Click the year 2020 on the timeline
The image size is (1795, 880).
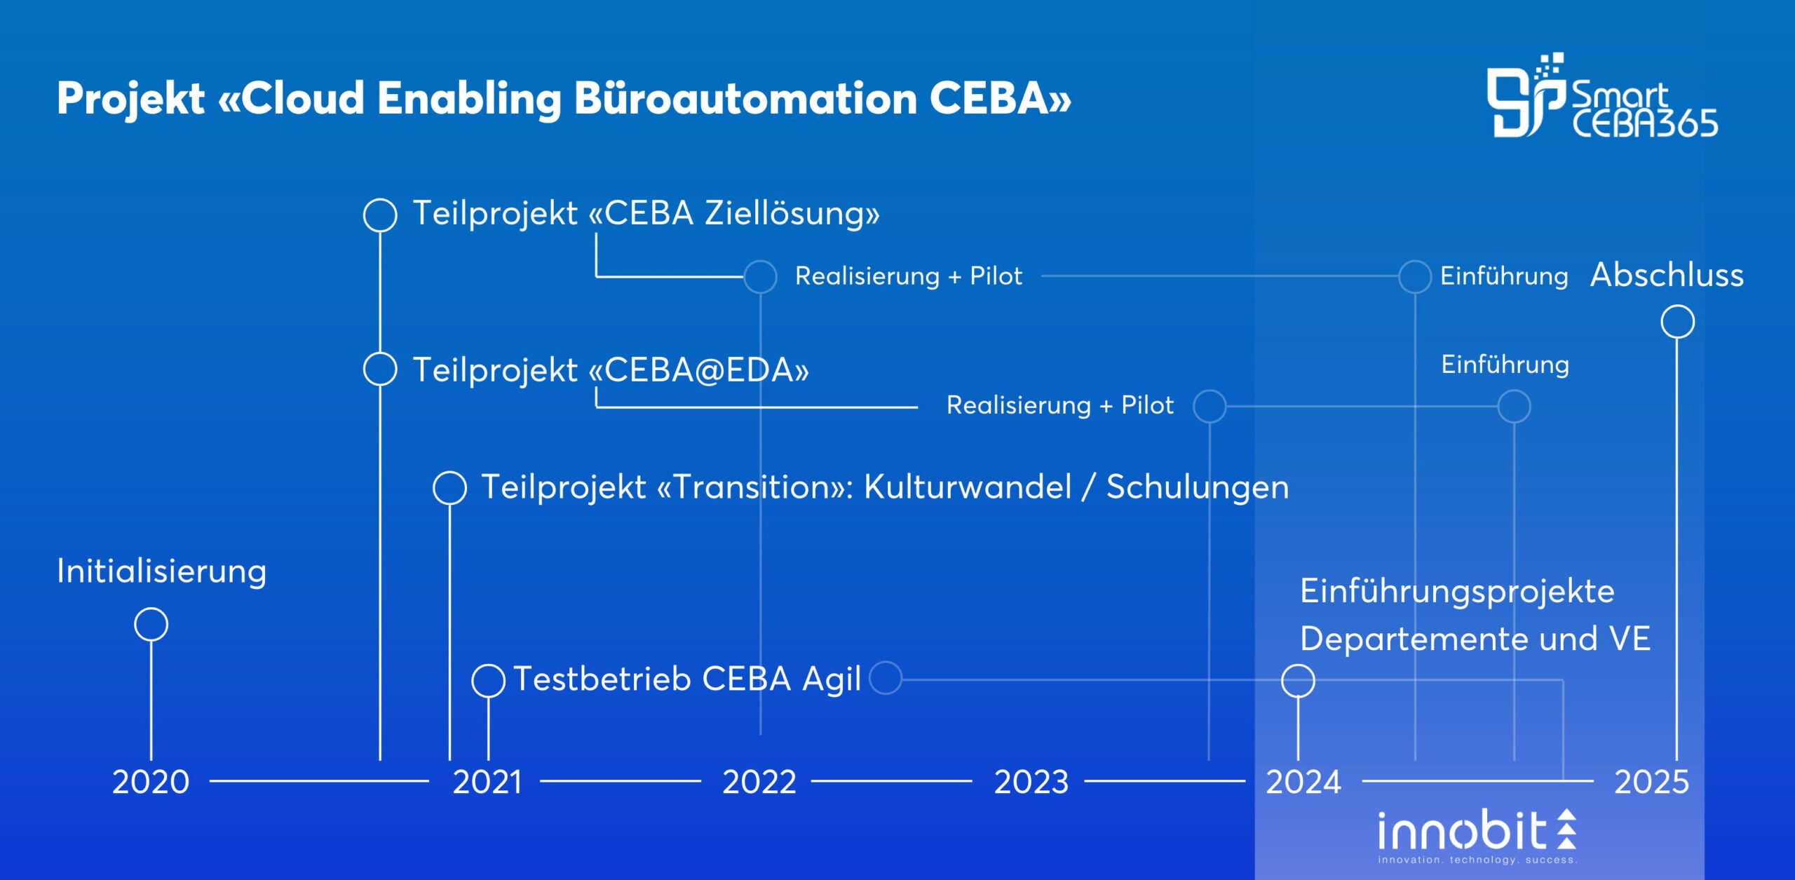151,781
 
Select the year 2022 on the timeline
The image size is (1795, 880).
759,781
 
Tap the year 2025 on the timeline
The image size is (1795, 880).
1651,781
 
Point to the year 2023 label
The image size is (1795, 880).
1031,781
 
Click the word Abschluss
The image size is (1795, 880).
1667,274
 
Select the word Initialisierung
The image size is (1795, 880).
161,571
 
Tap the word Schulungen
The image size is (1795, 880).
1198,487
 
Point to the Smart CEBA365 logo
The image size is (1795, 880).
1602,95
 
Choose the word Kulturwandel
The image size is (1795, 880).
968,487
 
